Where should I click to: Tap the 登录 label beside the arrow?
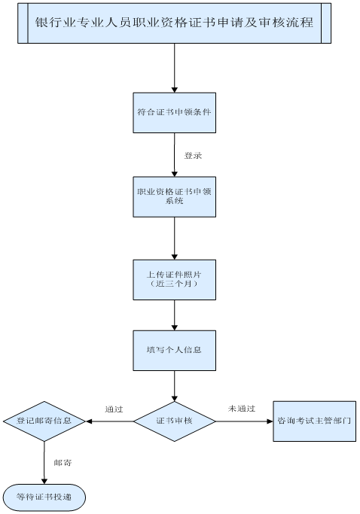[193, 156]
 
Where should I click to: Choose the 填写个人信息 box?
[174, 350]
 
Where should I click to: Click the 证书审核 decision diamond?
[174, 421]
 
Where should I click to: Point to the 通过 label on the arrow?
[114, 409]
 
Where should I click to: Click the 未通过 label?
[238, 409]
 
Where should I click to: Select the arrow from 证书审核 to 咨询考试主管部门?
[245, 421]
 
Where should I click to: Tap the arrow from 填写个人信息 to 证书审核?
[174, 385]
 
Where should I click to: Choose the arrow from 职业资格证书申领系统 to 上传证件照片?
[174, 238]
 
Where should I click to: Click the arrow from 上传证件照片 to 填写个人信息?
[174, 315]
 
